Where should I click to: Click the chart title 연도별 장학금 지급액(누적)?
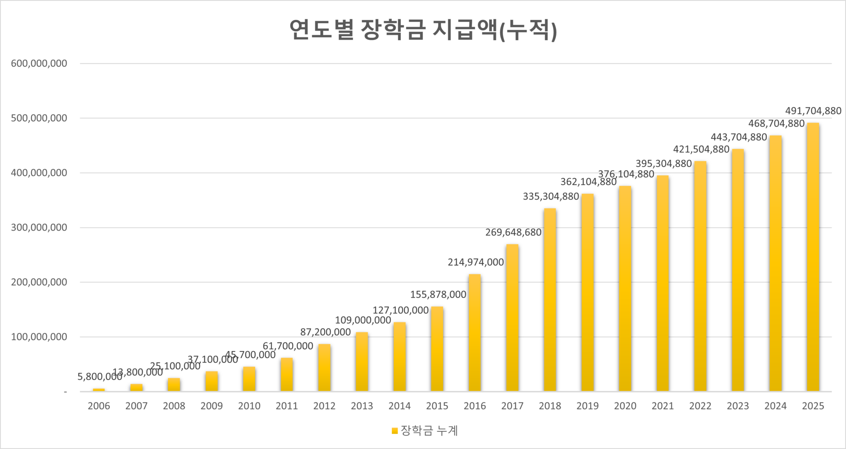point(423,30)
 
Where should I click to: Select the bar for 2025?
point(812,258)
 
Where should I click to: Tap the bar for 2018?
point(550,300)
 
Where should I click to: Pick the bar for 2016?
point(474,333)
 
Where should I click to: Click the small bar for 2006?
point(99,390)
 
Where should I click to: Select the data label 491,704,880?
point(813,111)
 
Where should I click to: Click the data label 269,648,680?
point(513,232)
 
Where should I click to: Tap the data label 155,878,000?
point(438,294)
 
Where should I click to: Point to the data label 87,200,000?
point(325,332)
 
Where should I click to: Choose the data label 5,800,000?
point(100,376)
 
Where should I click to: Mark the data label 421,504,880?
point(701,149)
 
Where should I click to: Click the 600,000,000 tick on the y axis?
point(39,64)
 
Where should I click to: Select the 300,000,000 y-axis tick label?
point(39,228)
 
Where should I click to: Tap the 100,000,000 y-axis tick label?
point(39,337)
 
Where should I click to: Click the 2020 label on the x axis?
point(625,406)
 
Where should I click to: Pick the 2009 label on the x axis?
point(211,406)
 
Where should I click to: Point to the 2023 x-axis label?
point(738,406)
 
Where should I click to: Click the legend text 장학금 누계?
point(429,430)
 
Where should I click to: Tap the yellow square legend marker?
point(395,431)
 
